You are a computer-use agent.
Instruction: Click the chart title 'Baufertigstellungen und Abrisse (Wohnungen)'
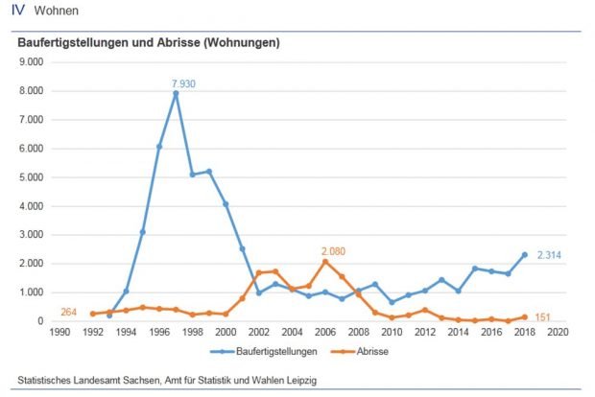(149, 43)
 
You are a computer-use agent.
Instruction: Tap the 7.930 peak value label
(183, 84)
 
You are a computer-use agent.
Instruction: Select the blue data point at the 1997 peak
(176, 94)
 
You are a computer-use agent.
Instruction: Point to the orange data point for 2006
(325, 262)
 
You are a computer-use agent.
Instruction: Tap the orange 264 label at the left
(69, 312)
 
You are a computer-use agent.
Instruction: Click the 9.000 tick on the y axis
(33, 62)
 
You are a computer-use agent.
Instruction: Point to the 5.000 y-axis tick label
(33, 177)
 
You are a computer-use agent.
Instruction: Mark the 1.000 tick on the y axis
(33, 292)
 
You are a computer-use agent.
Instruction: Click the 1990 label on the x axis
(59, 332)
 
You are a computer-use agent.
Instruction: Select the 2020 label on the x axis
(558, 332)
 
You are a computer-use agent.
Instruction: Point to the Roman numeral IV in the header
(17, 11)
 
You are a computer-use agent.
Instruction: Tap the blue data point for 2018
(524, 255)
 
